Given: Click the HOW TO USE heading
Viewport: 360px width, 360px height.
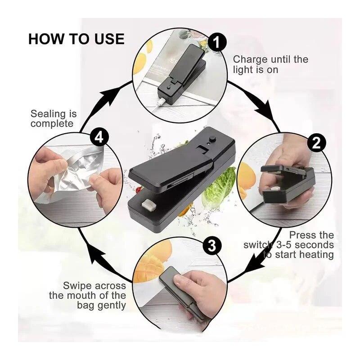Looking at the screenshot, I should [x=76, y=39].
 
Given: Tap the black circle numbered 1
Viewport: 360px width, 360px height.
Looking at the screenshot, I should [x=216, y=43].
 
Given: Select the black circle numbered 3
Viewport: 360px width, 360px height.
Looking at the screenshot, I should [x=212, y=245].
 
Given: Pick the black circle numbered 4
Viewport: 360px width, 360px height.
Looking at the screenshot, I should [x=99, y=137].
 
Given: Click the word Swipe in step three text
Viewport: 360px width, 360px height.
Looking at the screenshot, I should [x=78, y=285].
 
